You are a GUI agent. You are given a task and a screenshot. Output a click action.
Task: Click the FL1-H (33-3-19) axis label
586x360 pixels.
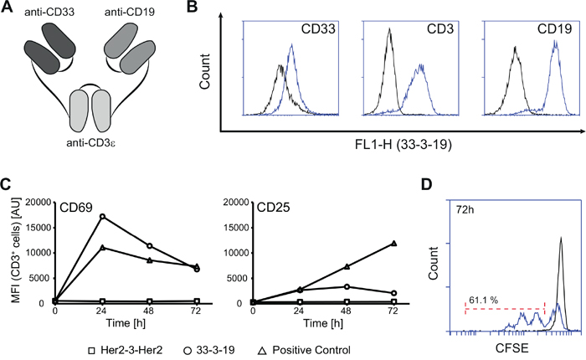403,151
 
